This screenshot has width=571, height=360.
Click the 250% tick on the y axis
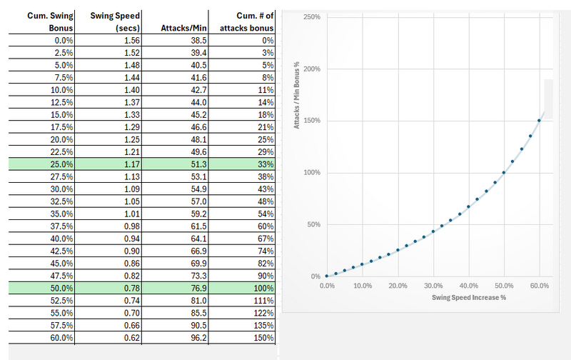pyautogui.click(x=311, y=16)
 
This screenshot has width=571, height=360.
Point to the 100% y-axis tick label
pyautogui.click(x=311, y=173)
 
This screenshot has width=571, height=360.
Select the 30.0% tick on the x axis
pyautogui.click(x=433, y=286)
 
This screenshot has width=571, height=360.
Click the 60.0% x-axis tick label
pyautogui.click(x=540, y=286)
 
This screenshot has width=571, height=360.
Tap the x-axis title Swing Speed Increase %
pyautogui.click(x=433, y=298)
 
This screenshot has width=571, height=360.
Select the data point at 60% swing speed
pyautogui.click(x=540, y=120)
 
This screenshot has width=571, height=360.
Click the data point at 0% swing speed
pyautogui.click(x=327, y=276)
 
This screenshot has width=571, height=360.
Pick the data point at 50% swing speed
pyautogui.click(x=504, y=172)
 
